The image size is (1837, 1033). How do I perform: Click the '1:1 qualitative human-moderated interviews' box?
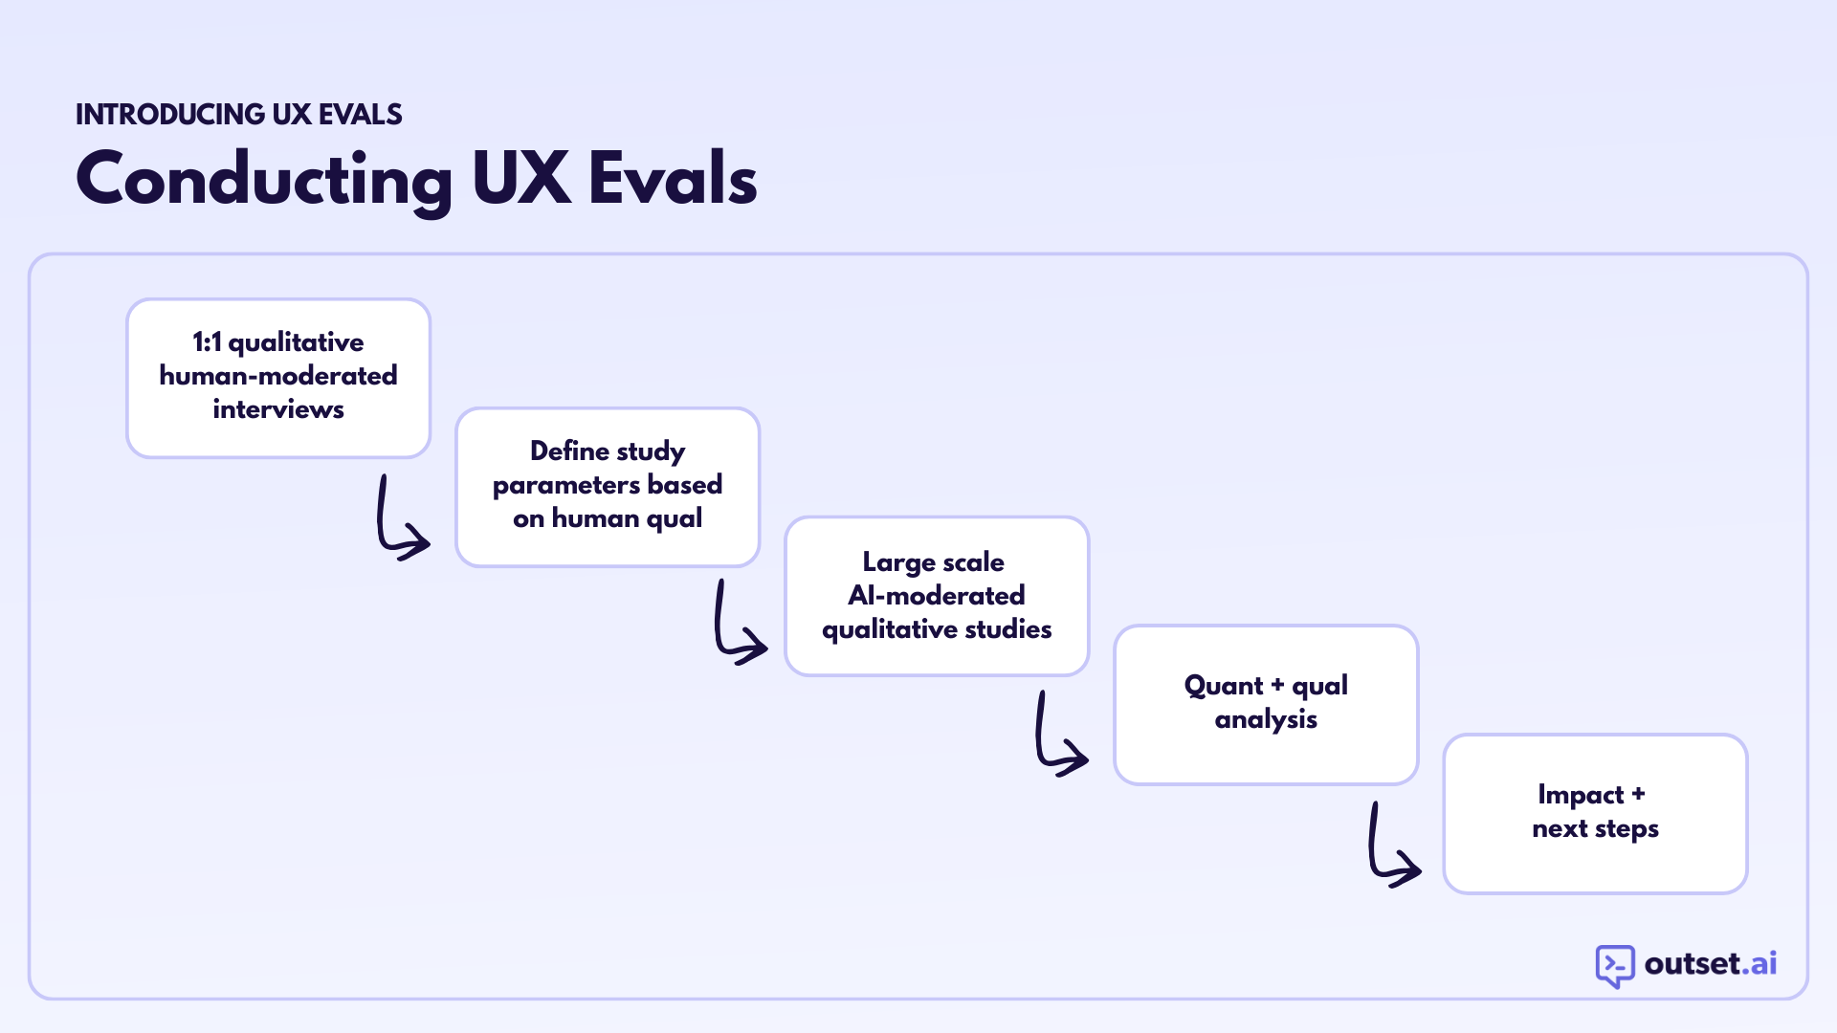coord(278,378)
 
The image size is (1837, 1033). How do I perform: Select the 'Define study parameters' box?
coord(608,487)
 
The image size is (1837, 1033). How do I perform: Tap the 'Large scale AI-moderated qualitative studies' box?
coord(937,596)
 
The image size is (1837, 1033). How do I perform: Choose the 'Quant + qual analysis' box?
coord(1266,705)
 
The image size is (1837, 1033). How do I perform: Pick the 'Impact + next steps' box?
coord(1595,814)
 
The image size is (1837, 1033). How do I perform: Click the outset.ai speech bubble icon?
coord(1615,965)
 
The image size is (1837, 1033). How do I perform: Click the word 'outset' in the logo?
coord(1692,963)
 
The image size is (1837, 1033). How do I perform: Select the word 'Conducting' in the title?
coord(264,180)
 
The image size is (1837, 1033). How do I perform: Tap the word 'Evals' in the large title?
coord(673,179)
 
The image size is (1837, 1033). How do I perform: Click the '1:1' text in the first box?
coord(206,342)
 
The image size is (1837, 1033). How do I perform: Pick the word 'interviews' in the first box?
coord(278,409)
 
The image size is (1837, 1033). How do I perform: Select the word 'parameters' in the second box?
coord(565,486)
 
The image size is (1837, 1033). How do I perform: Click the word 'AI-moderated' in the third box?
coord(937,596)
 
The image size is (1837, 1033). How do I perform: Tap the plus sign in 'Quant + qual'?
coord(1277,685)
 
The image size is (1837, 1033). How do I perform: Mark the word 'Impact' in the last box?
coord(1581,795)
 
